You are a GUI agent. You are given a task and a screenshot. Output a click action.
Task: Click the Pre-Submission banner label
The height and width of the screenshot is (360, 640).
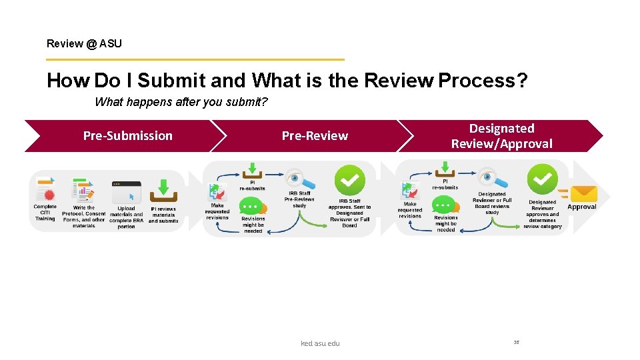coord(127,136)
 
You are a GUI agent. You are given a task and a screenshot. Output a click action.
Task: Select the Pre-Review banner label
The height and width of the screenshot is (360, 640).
coord(315,136)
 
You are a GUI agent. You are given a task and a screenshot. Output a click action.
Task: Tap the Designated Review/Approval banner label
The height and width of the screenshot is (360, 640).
coord(501,136)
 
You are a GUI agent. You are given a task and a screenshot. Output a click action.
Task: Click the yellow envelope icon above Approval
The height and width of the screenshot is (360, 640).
coord(583,193)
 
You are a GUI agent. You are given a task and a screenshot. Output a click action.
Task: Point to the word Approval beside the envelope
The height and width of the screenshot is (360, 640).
coord(581,207)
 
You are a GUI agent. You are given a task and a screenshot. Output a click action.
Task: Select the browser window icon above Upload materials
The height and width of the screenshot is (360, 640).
coord(126,191)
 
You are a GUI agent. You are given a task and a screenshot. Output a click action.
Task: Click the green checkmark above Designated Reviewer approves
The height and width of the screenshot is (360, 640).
coord(542,179)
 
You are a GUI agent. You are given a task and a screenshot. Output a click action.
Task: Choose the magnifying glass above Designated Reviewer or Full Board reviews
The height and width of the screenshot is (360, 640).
coord(492,179)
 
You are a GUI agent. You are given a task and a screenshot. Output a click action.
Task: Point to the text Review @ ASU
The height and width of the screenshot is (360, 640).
coord(84,44)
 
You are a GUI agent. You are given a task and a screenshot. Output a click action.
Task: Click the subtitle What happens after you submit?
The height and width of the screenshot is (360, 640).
coord(181,103)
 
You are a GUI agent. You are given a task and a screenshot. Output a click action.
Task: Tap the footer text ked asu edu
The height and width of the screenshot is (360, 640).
coord(320,343)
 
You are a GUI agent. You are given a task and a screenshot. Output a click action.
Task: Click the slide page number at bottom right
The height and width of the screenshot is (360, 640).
coord(516,342)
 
